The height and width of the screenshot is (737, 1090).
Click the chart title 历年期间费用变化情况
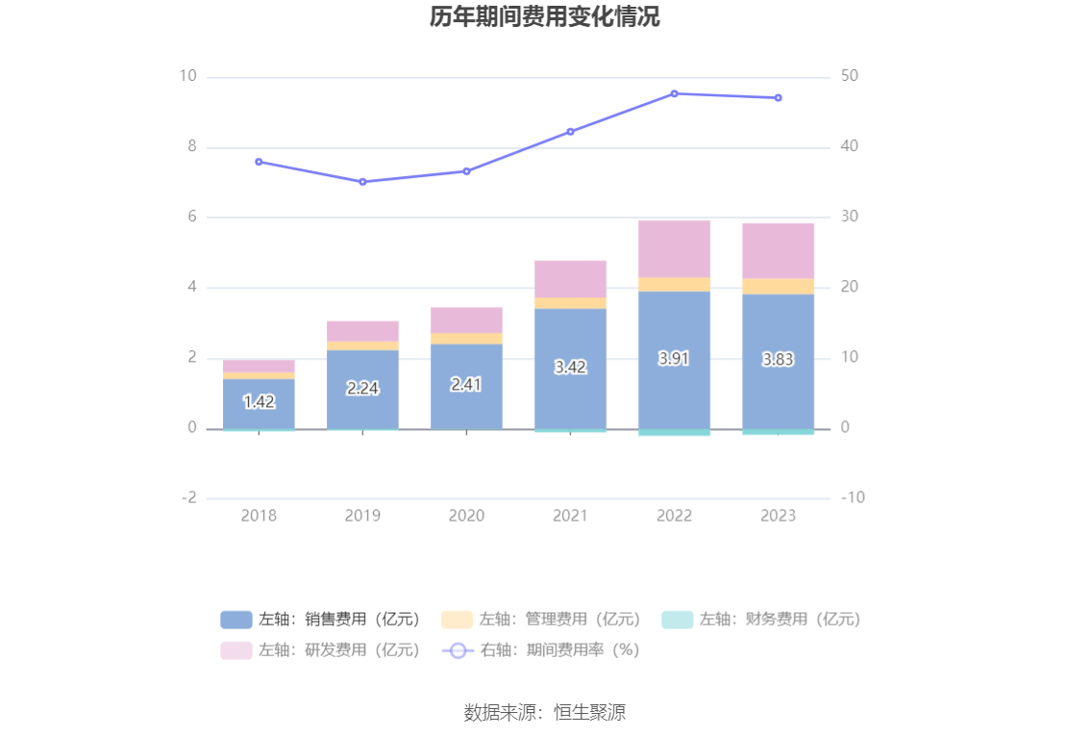point(544,17)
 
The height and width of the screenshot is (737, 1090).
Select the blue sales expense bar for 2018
point(259,404)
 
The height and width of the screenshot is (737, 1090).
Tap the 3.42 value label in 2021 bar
point(570,367)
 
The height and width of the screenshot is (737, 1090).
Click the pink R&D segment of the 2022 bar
point(674,249)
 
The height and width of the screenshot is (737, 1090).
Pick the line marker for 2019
point(362,182)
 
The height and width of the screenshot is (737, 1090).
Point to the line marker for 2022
point(674,93)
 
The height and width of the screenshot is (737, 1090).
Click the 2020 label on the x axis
point(466,516)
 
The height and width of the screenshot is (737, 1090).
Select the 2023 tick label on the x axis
point(778,516)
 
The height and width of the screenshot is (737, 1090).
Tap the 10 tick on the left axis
point(187,77)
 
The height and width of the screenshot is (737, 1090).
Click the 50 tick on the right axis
point(850,77)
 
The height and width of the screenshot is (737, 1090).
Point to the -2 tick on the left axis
point(188,498)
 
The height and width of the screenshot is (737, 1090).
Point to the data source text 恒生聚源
point(544,713)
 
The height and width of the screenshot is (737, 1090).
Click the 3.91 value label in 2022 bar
point(674,358)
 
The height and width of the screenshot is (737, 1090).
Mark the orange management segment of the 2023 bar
point(778,286)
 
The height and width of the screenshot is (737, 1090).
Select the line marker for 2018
point(259,162)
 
